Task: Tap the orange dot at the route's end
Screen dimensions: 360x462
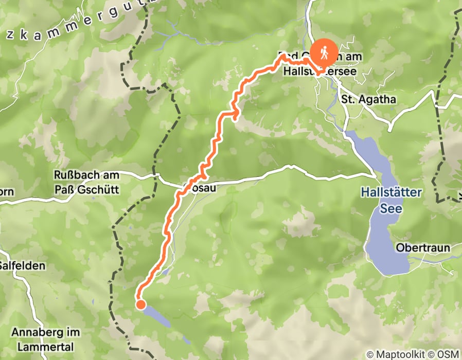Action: pos(140,305)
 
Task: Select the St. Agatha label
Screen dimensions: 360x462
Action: pos(369,99)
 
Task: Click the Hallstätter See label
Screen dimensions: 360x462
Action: pos(391,200)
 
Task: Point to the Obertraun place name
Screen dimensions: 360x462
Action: pos(423,248)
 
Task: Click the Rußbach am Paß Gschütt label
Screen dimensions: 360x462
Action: pos(86,182)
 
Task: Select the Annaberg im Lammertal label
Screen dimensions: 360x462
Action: pos(46,339)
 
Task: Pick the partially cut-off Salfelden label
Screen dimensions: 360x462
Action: pos(23,266)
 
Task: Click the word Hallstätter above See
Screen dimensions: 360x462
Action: pos(391,193)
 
